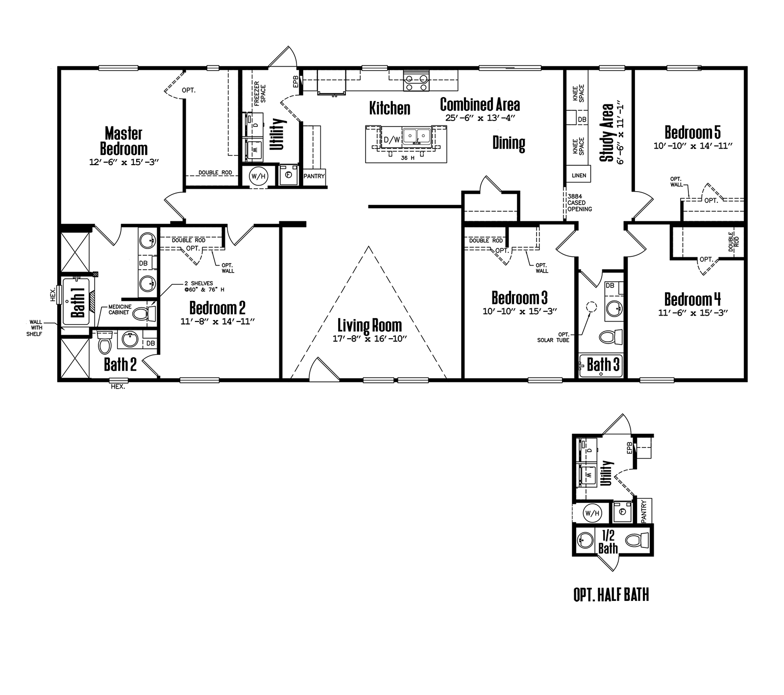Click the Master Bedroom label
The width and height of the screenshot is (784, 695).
123,141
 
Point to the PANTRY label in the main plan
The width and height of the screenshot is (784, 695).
314,176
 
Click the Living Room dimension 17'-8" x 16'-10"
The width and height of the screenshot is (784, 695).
369,339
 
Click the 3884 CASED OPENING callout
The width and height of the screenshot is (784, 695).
580,202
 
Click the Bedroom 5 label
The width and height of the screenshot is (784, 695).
693,132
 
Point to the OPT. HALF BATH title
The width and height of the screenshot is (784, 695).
611,595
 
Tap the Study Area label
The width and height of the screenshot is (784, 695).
607,132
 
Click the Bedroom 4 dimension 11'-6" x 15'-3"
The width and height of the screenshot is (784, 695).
693,313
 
